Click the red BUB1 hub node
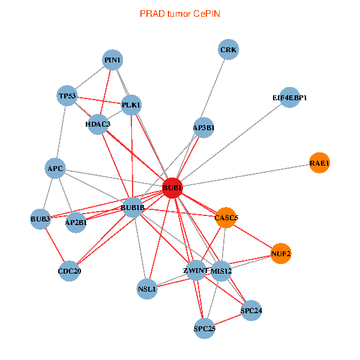point(172,188)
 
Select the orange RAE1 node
point(320,163)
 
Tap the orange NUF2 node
point(281,254)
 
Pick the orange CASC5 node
point(226,218)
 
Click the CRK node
point(229,50)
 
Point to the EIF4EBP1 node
point(290,97)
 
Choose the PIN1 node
point(113,60)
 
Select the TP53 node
point(67,96)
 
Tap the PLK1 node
point(131,105)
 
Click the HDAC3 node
point(98,124)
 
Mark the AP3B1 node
point(204,127)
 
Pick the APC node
point(55,169)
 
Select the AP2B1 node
point(76,223)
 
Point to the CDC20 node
point(70,271)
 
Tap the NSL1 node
point(147,289)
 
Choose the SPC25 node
point(205,329)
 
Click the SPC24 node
point(251,311)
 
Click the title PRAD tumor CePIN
point(180,13)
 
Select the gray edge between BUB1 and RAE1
point(246,175)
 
